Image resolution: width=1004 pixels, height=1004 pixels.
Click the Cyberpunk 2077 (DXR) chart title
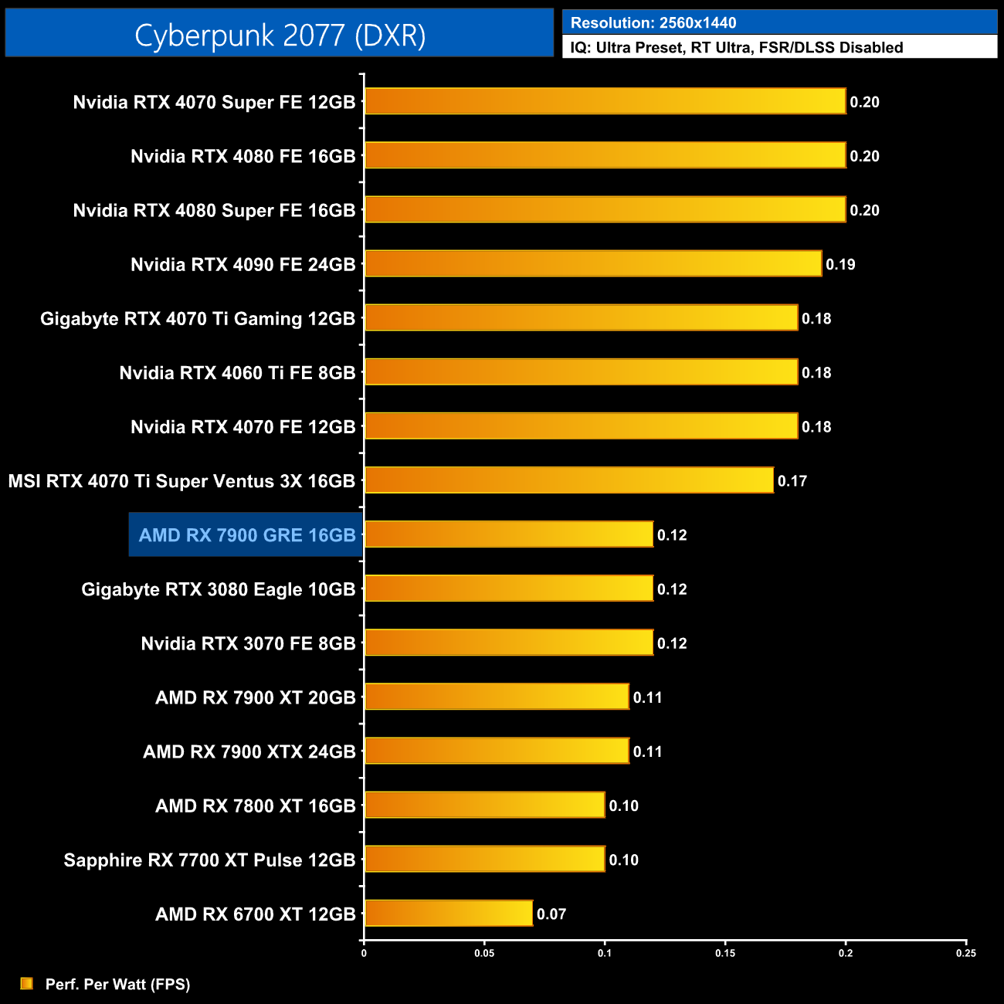pos(280,35)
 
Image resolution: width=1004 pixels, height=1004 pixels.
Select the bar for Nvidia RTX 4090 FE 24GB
pos(592,263)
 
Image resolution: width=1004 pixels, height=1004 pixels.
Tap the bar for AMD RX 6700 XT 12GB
pos(448,913)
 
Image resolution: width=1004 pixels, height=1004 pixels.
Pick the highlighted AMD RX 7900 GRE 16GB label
pos(246,534)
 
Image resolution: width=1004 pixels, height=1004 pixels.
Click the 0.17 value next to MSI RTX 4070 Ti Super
pos(792,481)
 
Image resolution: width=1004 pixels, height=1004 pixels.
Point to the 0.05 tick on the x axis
pos(484,953)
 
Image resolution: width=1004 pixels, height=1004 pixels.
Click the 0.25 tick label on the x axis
pos(965,953)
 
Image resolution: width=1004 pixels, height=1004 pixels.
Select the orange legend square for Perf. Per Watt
pos(27,983)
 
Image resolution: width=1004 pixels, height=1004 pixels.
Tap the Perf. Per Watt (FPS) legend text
pos(117,984)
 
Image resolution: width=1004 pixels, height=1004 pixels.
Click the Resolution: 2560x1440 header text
pos(653,22)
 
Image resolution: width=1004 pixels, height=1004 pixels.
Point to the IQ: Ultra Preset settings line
pos(736,47)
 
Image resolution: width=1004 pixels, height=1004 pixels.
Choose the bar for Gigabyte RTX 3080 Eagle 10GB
pos(508,588)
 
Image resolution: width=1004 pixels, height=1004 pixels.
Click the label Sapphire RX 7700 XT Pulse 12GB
pos(209,860)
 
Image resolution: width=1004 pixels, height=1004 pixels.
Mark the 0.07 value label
pos(551,914)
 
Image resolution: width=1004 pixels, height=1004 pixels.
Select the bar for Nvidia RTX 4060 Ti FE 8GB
pos(581,371)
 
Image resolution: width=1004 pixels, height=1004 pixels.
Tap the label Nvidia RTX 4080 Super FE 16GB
pos(214,210)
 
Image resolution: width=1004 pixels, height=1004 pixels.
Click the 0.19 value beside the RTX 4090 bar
pos(840,264)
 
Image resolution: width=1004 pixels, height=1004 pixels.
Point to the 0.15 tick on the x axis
pos(725,953)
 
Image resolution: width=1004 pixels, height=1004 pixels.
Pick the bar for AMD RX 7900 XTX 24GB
pos(496,751)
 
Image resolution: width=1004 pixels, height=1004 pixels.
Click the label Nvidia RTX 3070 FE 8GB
pos(248,643)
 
